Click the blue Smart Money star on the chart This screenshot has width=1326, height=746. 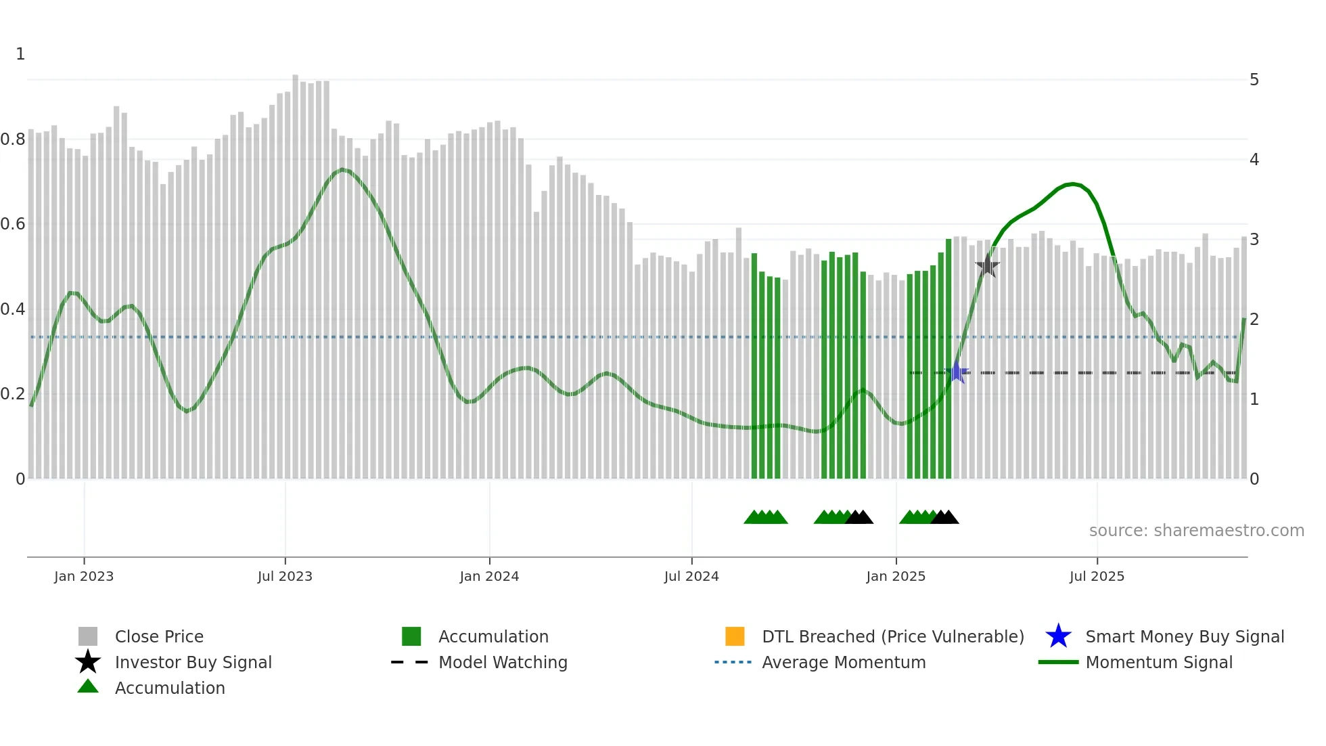click(957, 372)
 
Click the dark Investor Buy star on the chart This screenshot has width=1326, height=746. click(987, 266)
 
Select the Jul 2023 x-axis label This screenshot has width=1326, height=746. click(285, 576)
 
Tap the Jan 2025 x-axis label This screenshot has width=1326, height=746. click(896, 576)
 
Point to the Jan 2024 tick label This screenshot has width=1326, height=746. click(489, 576)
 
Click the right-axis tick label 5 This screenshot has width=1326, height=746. click(1254, 80)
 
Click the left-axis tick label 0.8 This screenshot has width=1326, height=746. click(13, 139)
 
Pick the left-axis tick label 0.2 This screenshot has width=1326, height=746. click(13, 394)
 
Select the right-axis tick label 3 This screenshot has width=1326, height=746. click(1254, 240)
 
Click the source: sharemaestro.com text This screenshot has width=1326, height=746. click(1196, 531)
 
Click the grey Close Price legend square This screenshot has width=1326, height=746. click(88, 636)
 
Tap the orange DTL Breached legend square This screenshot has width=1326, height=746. click(735, 636)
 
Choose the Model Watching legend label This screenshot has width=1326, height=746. click(503, 662)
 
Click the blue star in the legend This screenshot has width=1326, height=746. click(1058, 636)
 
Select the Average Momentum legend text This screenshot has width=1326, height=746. click(844, 662)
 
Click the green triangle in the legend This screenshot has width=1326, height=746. click(88, 686)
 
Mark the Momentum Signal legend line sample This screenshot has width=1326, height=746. click(1058, 662)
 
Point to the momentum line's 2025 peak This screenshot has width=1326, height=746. click(1072, 183)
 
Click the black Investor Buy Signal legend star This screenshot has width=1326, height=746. click(88, 662)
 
